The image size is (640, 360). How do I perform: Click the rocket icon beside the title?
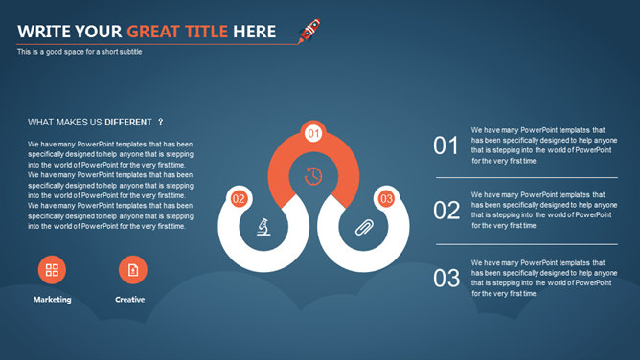309,31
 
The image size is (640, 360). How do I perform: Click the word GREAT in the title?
153,32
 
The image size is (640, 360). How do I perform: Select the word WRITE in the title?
44,32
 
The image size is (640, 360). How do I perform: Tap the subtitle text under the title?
80,52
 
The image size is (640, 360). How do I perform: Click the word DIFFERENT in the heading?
128,123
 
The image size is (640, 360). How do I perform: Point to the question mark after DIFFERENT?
160,122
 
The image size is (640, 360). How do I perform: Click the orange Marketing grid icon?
52,269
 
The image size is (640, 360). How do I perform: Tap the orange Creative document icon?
132,269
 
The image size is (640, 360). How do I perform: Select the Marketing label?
53,300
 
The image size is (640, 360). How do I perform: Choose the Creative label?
129,300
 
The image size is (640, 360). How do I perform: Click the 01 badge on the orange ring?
313,133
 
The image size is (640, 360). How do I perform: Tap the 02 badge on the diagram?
239,199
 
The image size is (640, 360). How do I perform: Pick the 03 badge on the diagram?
386,199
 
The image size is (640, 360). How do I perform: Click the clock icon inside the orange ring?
313,176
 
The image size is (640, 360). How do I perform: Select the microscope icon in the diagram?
263,227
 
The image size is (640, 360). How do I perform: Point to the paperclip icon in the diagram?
364,228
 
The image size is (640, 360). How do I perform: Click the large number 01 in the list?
446,146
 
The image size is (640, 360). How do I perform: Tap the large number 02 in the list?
446,211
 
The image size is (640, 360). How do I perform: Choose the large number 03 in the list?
446,278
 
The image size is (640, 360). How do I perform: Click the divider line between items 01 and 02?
527,178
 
